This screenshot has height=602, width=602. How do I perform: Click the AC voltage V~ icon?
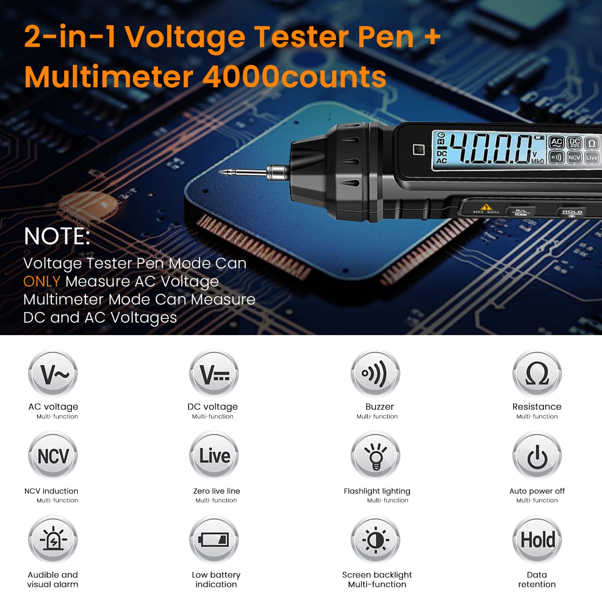53,374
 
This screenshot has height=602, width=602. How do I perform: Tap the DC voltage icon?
214,374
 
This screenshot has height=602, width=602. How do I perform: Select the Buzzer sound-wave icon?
375,374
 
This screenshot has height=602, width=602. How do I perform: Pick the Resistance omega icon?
537,374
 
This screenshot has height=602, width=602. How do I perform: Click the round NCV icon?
53,456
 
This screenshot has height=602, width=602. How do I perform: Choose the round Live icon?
214,456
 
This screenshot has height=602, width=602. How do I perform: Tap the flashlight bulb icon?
375,456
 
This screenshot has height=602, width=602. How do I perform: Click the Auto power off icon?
537,456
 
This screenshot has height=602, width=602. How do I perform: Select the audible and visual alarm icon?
53,540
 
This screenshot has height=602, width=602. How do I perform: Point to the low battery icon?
214,540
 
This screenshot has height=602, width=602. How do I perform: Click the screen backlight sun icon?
375,540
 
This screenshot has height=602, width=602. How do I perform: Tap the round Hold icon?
537,540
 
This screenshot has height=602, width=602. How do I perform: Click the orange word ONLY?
42,281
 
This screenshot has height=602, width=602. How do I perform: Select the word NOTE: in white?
57,236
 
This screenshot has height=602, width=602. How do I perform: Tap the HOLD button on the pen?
572,212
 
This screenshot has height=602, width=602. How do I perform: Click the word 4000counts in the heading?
294,77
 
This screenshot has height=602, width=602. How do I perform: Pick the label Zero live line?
216,491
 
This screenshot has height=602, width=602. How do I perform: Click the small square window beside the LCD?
418,149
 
